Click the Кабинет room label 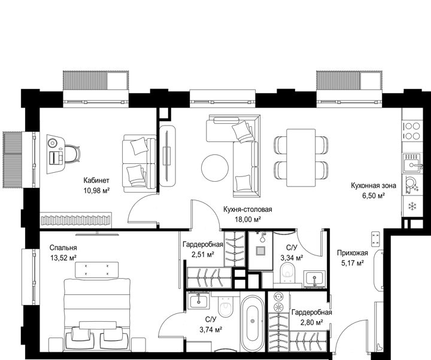click(96, 181)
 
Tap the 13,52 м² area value click(63, 258)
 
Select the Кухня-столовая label click(247, 209)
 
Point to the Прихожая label click(353, 253)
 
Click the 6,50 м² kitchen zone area click(374, 196)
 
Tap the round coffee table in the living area click(215, 168)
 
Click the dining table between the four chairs click(301, 158)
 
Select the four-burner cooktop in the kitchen click(412, 131)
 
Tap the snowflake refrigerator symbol click(412, 206)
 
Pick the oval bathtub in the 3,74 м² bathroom click(252, 322)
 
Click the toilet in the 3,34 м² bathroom click(288, 273)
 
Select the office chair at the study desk click(72, 154)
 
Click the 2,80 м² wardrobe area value click(311, 322)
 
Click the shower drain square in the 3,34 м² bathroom click(260, 251)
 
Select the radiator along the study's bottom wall click(75, 220)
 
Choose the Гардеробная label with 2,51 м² click(203, 244)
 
